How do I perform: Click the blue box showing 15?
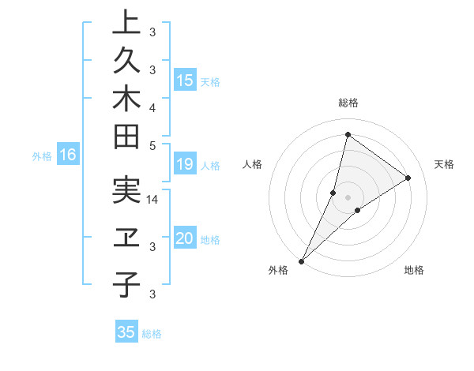pos(185,80)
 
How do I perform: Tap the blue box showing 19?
pos(185,164)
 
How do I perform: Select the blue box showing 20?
pos(185,238)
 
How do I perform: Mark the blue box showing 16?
pos(68,155)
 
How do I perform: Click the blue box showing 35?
pos(126,332)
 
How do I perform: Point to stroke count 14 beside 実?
pos(152,200)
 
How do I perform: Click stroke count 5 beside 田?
pos(152,145)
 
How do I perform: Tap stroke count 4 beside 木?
pos(152,107)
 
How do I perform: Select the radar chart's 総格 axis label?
pos(348,103)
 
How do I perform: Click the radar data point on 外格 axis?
pos(301,260)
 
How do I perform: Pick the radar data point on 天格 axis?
pos(408,178)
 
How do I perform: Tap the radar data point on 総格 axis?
pos(348,134)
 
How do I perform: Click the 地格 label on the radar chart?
pos(414,270)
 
